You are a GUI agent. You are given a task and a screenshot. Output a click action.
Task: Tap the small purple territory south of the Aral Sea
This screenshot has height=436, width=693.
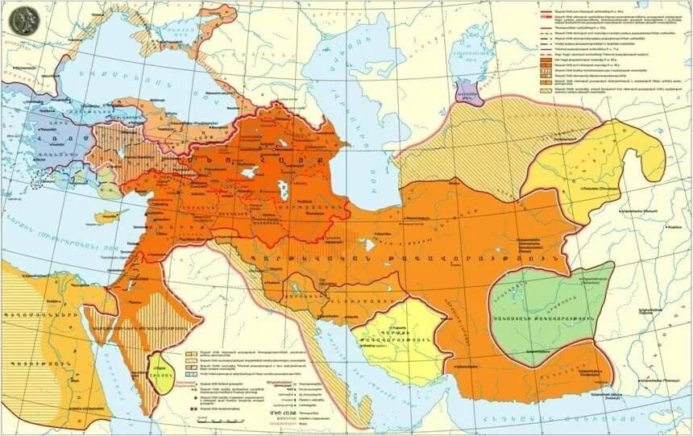coord(469,93)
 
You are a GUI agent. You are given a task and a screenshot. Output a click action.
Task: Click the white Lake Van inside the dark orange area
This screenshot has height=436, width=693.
coord(249,172)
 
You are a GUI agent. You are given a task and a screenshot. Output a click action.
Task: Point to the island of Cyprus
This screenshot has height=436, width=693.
coord(106,217)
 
